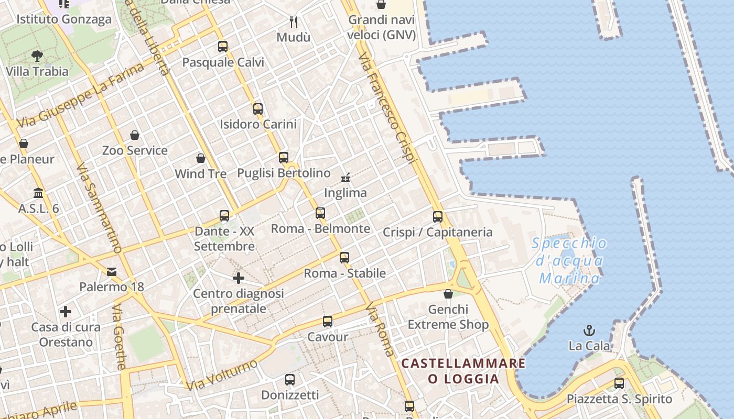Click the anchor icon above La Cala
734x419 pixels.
590,330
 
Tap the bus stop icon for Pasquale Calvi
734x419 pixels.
223,47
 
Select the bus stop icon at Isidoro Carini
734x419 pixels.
258,109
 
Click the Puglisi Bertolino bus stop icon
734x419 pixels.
284,157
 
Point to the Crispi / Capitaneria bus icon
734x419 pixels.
438,216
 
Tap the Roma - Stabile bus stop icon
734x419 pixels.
344,257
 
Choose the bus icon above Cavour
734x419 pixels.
328,322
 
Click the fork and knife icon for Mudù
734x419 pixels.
294,22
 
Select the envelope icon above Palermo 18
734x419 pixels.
112,271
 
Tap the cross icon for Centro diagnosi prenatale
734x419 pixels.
239,278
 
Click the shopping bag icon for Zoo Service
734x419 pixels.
135,135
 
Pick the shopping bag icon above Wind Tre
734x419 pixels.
201,158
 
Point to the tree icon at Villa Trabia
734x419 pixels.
37,56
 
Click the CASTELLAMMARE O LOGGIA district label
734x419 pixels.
463,371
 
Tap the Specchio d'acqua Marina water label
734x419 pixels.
569,260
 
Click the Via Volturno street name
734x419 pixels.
222,374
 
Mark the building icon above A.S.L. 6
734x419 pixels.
38,193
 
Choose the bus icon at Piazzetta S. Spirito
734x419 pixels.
619,383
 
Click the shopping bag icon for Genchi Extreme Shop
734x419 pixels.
448,294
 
